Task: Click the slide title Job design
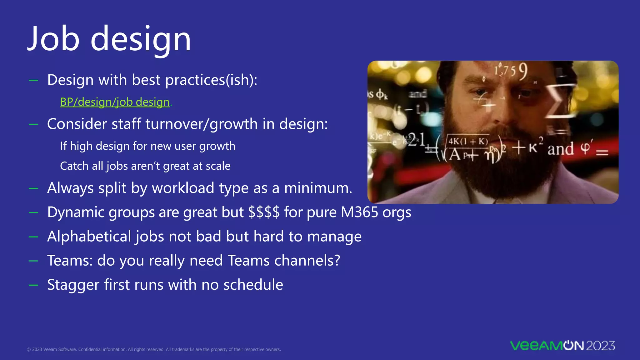(x=109, y=39)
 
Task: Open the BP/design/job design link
(x=115, y=102)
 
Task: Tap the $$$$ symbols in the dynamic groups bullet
(x=264, y=212)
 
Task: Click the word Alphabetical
(x=89, y=236)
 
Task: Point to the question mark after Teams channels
(x=337, y=261)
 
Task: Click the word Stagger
(x=73, y=285)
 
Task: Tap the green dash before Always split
(x=33, y=188)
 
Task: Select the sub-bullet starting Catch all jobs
(x=145, y=166)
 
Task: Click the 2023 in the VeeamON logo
(x=600, y=346)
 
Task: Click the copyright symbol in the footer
(x=28, y=350)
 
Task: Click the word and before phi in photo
(x=561, y=149)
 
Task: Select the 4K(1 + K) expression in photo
(x=468, y=142)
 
